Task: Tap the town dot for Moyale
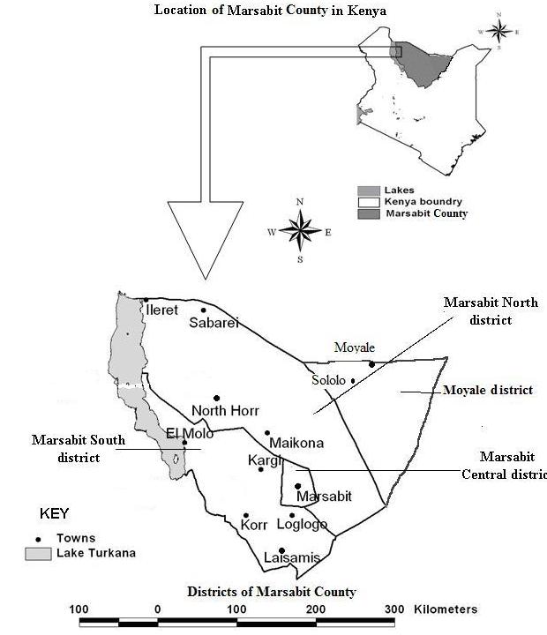click(x=372, y=363)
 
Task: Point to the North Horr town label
click(x=225, y=411)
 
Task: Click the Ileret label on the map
click(x=162, y=310)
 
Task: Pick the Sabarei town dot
click(x=203, y=310)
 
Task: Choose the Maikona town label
click(x=296, y=443)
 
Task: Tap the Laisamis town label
click(x=291, y=557)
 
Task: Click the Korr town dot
click(x=246, y=515)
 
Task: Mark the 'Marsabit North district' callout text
click(x=491, y=310)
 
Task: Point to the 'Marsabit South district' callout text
click(x=79, y=448)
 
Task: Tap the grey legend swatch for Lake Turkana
click(x=37, y=554)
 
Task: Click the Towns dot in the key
click(x=38, y=538)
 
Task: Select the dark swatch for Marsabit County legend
click(x=368, y=213)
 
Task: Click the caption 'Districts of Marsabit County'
click(x=271, y=591)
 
